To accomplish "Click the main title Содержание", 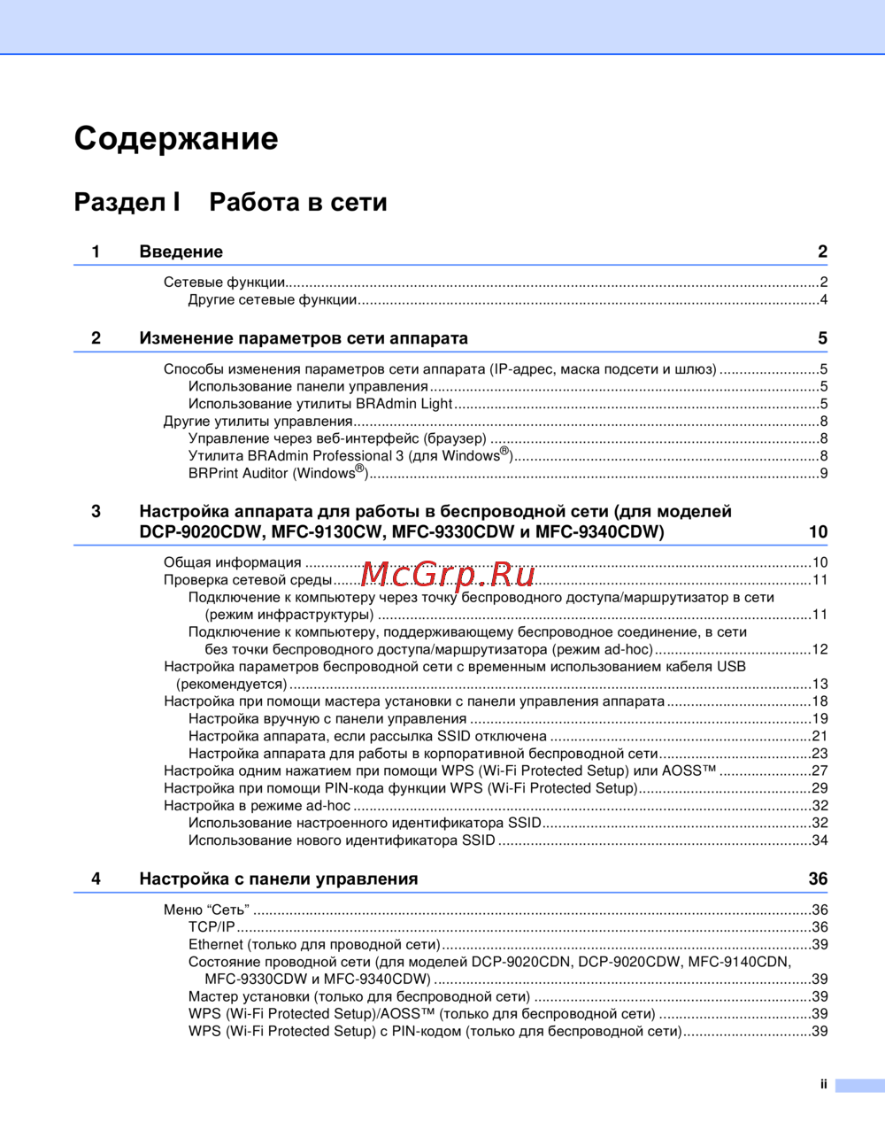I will click(176, 138).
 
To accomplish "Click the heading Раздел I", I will click(127, 202).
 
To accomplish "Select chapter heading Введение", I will click(181, 252).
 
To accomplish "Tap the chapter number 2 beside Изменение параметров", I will click(96, 338).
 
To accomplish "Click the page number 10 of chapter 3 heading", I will click(818, 532).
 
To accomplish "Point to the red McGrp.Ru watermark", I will click(448, 575).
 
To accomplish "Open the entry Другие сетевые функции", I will click(273, 300).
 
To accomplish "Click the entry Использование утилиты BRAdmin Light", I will click(320, 404).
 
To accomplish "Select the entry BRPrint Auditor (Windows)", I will click(277, 473).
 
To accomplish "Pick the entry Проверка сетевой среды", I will click(248, 580).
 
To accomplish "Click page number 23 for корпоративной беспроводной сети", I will click(820, 754).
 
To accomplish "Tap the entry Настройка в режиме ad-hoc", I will click(257, 806).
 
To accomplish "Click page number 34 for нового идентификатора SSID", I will click(820, 840).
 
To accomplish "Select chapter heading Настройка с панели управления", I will click(278, 879).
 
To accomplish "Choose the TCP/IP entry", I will click(212, 927).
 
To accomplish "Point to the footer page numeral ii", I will click(823, 1084).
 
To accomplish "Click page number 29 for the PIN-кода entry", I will click(820, 788).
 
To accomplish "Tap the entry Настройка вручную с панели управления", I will click(327, 719).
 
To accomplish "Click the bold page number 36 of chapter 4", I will click(818, 879).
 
